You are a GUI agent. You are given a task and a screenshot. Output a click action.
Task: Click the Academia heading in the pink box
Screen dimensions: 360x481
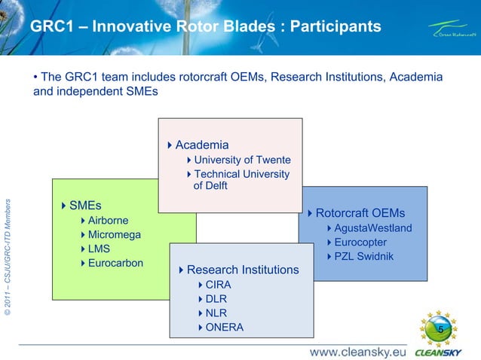point(201,145)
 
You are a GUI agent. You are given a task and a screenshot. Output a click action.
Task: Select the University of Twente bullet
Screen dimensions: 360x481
point(242,160)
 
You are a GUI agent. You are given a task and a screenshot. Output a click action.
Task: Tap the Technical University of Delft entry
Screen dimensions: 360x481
point(241,180)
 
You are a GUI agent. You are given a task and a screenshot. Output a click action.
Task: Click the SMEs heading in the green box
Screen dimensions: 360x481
point(84,206)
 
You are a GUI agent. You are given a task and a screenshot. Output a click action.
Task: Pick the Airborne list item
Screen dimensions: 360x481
point(108,221)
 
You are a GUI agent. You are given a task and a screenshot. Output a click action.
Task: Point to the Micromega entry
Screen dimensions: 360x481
point(114,235)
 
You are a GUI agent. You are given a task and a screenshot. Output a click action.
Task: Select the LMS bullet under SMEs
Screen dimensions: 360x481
point(99,249)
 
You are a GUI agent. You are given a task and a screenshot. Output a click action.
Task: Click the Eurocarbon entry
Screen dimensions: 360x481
point(115,263)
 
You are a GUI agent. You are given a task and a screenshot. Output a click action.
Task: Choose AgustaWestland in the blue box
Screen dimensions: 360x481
point(372,228)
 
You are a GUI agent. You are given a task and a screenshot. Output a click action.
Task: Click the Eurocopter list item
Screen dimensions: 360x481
point(360,243)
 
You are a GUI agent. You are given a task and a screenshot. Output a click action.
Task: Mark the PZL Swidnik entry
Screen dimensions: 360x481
point(363,257)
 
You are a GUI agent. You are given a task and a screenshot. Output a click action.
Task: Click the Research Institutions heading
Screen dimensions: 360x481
point(242,270)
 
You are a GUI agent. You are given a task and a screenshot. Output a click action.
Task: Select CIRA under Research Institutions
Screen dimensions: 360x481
point(218,285)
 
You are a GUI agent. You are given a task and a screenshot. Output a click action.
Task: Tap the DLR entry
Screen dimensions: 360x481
point(216,299)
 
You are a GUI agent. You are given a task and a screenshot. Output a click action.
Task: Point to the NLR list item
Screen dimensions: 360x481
point(216,313)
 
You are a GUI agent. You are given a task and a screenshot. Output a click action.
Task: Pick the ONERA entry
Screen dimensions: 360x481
point(224,327)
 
